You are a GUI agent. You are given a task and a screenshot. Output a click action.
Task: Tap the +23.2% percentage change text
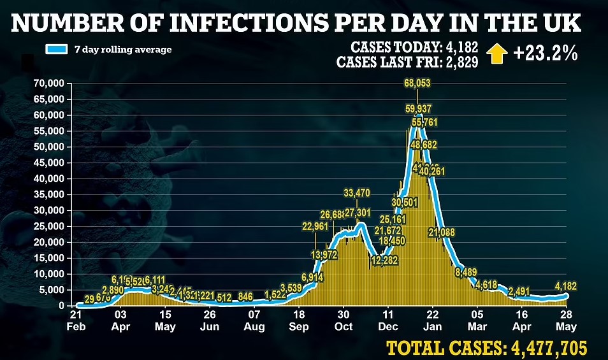click(545, 54)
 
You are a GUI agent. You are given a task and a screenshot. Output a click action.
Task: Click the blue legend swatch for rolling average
click(56, 49)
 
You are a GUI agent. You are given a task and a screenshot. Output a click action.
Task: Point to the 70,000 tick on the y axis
click(48, 83)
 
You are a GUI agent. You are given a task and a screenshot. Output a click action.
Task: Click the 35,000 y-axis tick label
click(48, 194)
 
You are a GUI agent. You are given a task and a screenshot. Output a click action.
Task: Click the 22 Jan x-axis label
click(432, 320)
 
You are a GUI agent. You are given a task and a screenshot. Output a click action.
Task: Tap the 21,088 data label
click(442, 232)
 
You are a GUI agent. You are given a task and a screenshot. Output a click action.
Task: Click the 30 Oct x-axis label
click(343, 320)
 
